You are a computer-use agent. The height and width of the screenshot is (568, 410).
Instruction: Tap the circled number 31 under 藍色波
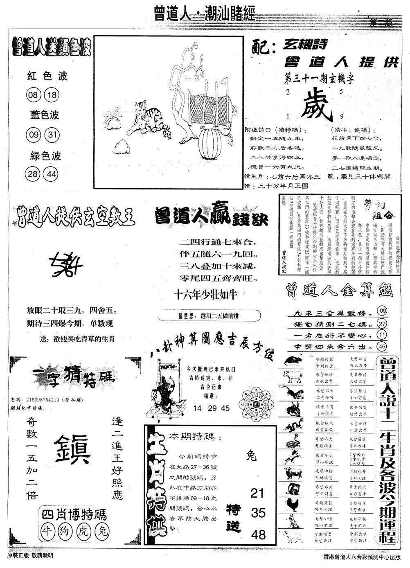(x=51, y=135)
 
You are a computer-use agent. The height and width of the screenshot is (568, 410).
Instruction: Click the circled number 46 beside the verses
(x=383, y=347)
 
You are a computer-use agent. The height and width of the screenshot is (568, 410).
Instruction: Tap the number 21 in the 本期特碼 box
(x=257, y=493)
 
